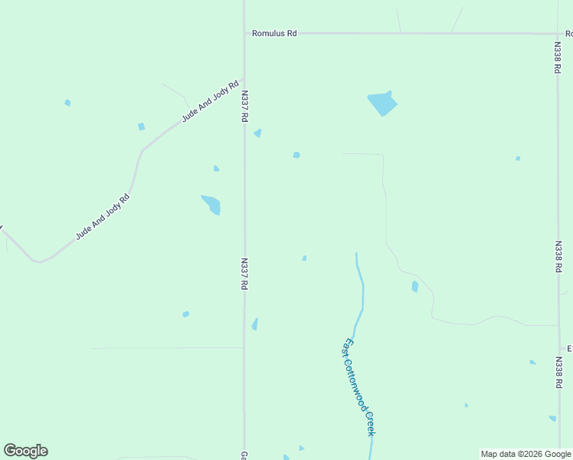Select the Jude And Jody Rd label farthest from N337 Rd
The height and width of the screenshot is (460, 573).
[x=103, y=217]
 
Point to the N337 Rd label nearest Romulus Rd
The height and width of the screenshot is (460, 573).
[x=244, y=107]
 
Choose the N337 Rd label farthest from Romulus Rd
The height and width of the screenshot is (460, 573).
[x=244, y=273]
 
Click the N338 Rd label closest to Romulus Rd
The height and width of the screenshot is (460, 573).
[x=558, y=57]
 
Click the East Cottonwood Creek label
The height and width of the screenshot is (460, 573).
[x=359, y=387]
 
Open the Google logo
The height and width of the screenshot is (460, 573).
[x=25, y=451]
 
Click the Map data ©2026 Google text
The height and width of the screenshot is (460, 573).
[x=526, y=454]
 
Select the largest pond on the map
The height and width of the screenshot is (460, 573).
[x=382, y=103]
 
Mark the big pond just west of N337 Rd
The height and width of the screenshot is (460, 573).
[x=211, y=205]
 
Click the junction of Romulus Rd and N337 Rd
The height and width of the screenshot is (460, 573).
[x=244, y=34]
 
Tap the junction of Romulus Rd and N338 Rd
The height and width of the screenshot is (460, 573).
[x=558, y=34]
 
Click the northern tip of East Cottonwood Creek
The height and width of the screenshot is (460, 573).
[x=356, y=254]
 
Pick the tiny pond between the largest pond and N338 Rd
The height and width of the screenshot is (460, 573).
[x=518, y=159]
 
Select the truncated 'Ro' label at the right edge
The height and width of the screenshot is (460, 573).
[x=569, y=34]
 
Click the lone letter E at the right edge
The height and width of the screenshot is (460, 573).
[x=570, y=349]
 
